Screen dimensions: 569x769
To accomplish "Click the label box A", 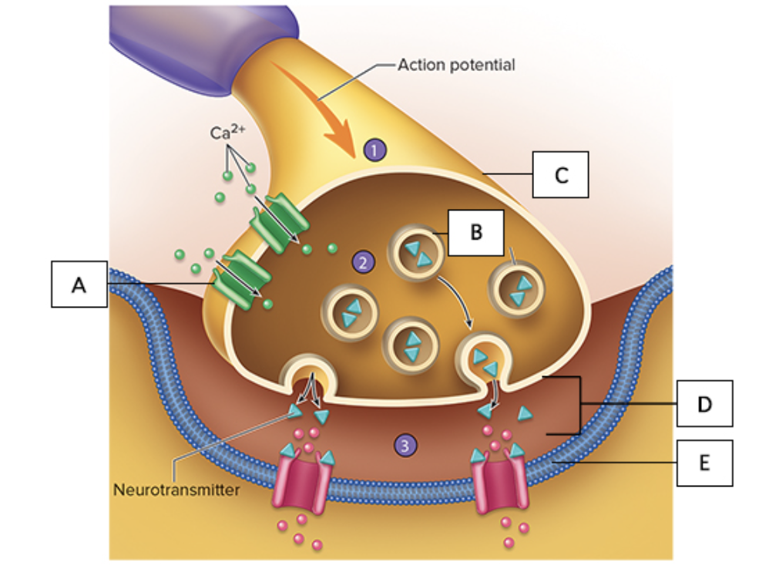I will point(79,284).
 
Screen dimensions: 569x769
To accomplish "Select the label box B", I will point(476,232).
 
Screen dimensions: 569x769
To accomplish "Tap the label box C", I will point(561,175).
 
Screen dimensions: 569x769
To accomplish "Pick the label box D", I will point(704,403).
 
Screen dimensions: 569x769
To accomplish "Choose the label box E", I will point(704,463).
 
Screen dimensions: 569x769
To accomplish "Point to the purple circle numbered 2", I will point(362,262).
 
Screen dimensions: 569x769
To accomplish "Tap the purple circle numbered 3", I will point(405,444).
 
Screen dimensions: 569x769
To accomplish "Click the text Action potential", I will point(456,65).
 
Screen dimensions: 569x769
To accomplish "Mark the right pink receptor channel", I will point(499,483).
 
